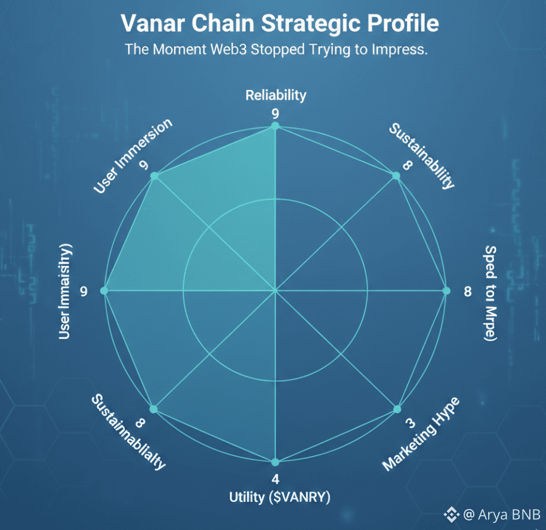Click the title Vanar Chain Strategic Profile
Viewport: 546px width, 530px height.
point(279,24)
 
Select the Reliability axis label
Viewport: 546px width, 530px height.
point(276,95)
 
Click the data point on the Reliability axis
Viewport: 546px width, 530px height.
point(275,126)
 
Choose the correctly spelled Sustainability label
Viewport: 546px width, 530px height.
point(421,155)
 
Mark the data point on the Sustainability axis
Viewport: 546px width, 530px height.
point(396,176)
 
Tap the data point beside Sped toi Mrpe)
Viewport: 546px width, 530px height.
point(446,291)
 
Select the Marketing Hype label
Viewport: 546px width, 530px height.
point(421,434)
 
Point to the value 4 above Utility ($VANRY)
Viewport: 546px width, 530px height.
point(275,479)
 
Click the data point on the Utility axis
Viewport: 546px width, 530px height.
point(275,462)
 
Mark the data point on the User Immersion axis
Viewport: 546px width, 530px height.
point(155,176)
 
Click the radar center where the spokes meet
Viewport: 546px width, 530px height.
point(275,291)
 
